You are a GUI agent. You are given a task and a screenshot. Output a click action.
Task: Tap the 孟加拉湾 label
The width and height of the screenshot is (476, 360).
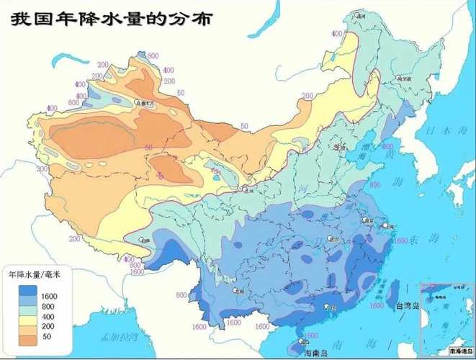pyautogui.click(x=120, y=336)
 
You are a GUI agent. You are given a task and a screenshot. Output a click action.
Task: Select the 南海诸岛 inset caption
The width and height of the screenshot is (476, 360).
pyautogui.click(x=459, y=351)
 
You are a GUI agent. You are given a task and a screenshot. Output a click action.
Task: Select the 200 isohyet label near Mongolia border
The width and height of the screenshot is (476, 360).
pyautogui.click(x=308, y=95)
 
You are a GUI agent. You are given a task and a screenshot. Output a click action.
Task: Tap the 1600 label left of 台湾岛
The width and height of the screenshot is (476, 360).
pyautogui.click(x=377, y=306)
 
